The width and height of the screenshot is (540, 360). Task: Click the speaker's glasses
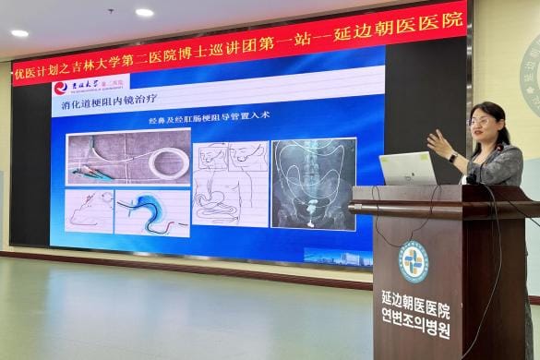tap(480, 121)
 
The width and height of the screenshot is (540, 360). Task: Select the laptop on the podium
tap(407, 168)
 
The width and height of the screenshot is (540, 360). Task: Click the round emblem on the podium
tap(413, 261)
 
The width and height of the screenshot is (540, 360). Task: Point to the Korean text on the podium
tap(415, 328)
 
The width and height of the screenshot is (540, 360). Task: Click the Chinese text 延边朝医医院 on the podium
tap(415, 309)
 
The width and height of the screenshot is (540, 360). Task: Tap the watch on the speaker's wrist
tap(453, 157)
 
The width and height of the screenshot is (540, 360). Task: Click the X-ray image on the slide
tap(314, 184)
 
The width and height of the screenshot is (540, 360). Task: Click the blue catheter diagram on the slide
tap(151, 212)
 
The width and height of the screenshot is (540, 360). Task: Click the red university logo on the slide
tap(61, 88)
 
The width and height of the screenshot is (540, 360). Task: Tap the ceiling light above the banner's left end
tap(19, 33)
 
